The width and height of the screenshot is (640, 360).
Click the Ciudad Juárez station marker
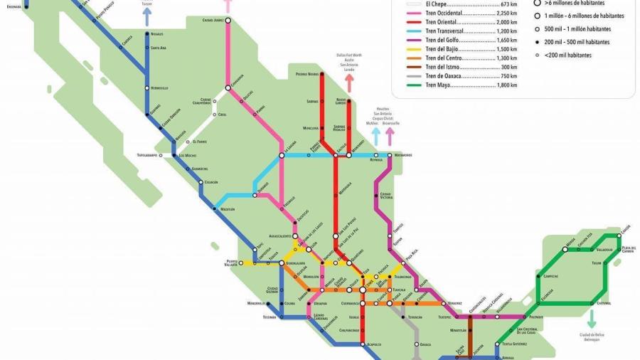(x=228, y=21)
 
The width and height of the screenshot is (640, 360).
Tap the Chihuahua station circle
(x=228, y=88)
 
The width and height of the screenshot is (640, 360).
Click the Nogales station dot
(x=147, y=33)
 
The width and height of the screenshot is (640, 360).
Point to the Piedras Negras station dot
(x=321, y=73)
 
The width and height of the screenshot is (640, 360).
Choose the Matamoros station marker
(x=390, y=154)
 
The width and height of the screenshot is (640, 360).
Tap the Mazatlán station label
(x=227, y=209)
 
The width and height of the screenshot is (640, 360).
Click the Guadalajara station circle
(x=282, y=263)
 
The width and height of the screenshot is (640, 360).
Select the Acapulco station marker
(x=363, y=344)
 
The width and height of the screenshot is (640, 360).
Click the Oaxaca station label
(x=425, y=344)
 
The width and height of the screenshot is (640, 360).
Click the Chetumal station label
(x=604, y=303)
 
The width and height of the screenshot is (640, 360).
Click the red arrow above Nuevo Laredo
(x=349, y=83)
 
